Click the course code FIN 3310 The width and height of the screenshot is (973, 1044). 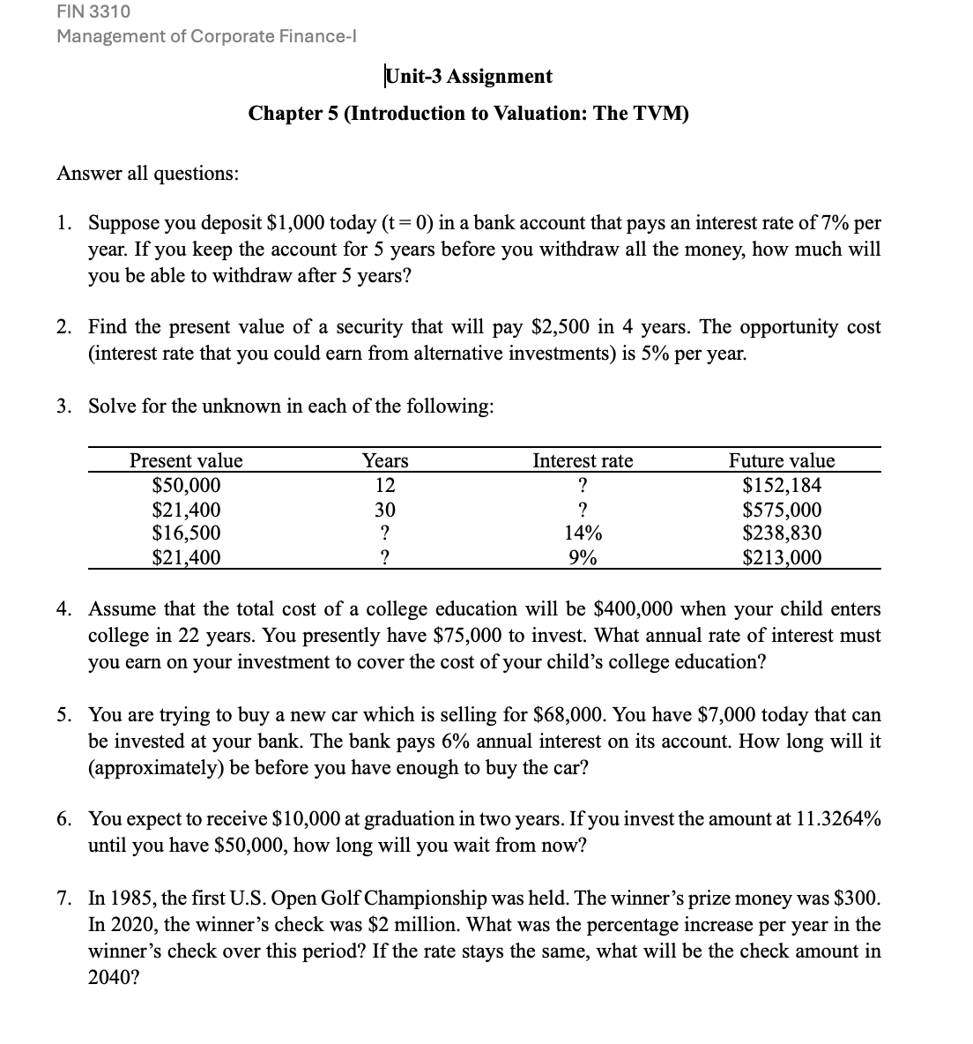coord(93,12)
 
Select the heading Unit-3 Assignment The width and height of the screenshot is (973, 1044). coord(469,77)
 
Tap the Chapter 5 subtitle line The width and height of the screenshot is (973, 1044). coord(469,114)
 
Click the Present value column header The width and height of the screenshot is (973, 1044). coord(186,461)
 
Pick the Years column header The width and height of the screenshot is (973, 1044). coord(385,461)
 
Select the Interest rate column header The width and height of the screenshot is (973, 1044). coord(583,461)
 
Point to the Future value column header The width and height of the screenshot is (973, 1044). coord(781,461)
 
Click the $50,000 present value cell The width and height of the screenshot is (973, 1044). coord(186,486)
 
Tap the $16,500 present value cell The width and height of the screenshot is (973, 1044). coord(186,533)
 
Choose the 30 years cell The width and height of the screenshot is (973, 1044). coord(385,510)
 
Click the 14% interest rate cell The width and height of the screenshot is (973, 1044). coord(583,533)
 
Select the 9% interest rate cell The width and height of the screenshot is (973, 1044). coord(583,557)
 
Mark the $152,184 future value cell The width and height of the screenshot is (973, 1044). coord(782,486)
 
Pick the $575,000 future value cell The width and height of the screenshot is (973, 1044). coord(782,510)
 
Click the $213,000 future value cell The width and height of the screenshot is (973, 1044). coord(782,557)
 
